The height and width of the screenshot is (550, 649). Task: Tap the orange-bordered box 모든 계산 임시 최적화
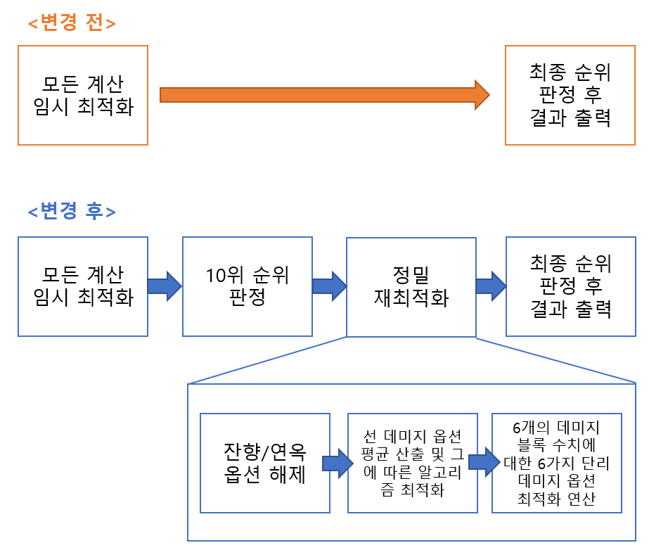pos(83,96)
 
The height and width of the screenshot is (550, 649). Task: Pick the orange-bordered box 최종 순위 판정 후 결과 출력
pos(570,96)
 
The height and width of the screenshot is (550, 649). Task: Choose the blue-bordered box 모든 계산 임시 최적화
pos(83,286)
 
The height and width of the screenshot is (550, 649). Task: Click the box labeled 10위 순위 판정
pos(248,286)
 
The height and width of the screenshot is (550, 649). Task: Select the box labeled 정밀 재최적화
pos(411,286)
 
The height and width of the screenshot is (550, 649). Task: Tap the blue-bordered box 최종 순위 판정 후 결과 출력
pos(570,286)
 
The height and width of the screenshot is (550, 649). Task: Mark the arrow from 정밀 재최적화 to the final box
pos(491,286)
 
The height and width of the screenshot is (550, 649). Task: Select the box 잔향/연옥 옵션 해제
pos(265,463)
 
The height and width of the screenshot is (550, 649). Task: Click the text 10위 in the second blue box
pos(222,275)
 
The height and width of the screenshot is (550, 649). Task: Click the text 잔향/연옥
pos(264,451)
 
